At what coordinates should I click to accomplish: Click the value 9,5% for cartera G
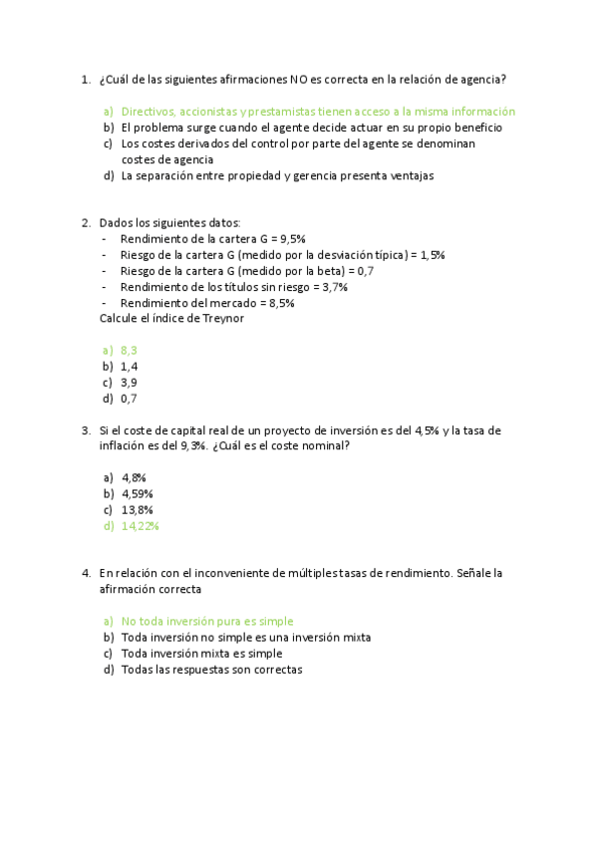[292, 239]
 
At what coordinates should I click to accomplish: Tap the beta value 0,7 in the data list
[365, 271]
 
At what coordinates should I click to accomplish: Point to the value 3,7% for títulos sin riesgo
[329, 287]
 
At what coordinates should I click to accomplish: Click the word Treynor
[221, 318]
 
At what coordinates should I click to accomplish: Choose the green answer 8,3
[129, 350]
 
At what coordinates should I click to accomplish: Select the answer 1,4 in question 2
[129, 366]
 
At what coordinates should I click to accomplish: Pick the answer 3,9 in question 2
[129, 382]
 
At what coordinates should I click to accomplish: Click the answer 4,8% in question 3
[134, 477]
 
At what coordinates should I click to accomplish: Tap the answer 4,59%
[137, 493]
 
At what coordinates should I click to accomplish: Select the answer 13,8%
[137, 509]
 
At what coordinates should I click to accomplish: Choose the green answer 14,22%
[140, 525]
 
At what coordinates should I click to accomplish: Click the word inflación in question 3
[124, 445]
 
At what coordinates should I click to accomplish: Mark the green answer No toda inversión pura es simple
[207, 621]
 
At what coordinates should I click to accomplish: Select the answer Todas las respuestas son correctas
[211, 670]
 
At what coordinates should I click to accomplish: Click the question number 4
[86, 573]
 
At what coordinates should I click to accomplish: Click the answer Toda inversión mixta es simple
[201, 654]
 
